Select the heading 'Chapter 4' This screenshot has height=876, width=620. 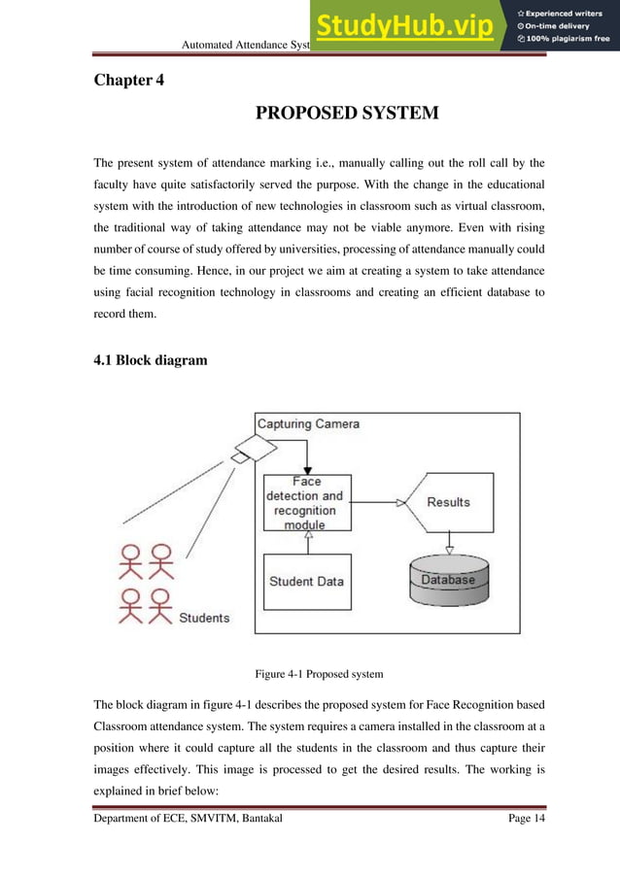click(x=128, y=80)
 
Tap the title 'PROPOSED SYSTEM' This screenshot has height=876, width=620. click(x=346, y=114)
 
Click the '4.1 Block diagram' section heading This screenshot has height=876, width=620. click(x=150, y=360)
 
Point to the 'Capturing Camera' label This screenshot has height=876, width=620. click(x=308, y=423)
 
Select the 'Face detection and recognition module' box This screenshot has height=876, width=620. click(x=304, y=502)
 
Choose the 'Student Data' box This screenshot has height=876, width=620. click(x=305, y=581)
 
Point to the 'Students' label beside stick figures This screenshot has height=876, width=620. click(x=204, y=618)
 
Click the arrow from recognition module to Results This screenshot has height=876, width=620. click(x=373, y=502)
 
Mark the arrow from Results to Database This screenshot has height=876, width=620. click(x=448, y=544)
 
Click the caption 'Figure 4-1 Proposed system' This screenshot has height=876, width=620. click(x=319, y=673)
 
